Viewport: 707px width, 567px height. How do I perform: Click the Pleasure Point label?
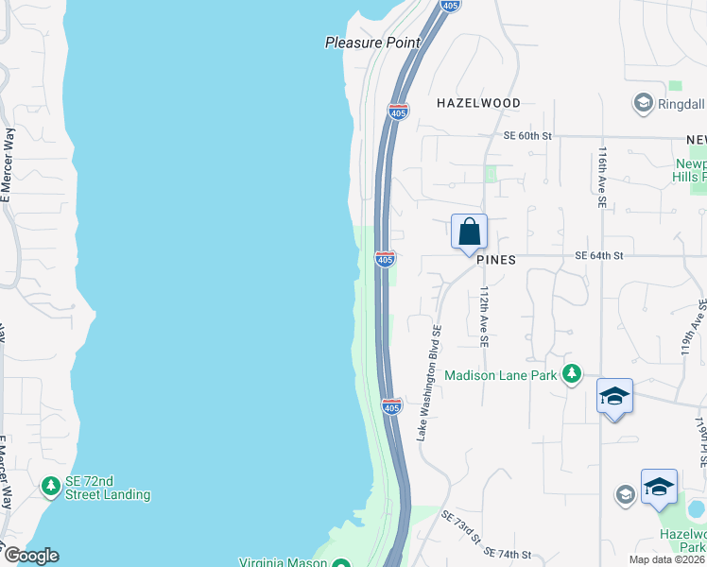[371, 43]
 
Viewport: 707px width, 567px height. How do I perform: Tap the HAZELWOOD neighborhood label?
[478, 102]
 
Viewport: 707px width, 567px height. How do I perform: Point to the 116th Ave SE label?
[602, 179]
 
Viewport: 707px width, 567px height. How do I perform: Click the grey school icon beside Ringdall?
[644, 102]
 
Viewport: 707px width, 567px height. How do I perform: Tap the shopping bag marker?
[469, 232]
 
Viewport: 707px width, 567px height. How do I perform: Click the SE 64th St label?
[599, 256]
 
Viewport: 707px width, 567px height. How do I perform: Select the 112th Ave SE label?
[484, 317]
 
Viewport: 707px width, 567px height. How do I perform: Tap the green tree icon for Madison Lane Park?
[572, 375]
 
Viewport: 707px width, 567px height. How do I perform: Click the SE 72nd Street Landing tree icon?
[50, 487]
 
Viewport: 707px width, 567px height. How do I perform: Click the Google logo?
[30, 556]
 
